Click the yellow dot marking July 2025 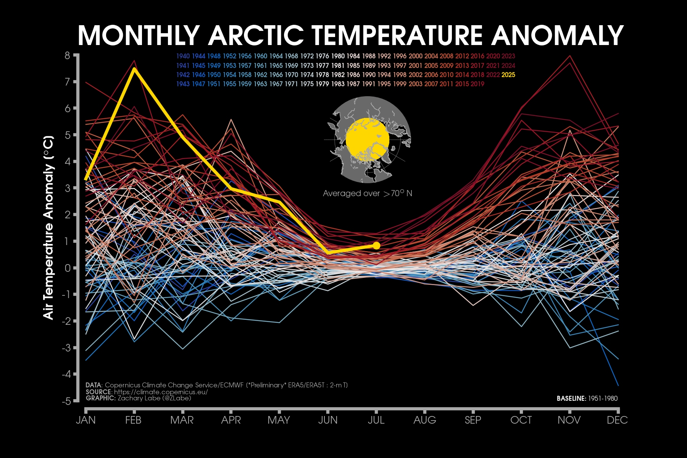click(376, 245)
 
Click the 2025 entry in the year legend click(508, 75)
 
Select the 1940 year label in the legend click(183, 56)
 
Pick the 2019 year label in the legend click(477, 84)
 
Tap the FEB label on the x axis click(133, 420)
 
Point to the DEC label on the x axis click(617, 420)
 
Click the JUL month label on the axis click(376, 420)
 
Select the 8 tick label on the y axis click(68, 56)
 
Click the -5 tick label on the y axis click(66, 401)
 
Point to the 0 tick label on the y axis click(68, 268)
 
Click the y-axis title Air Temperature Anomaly click(48, 227)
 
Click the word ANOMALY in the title click(557, 35)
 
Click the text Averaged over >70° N click(367, 194)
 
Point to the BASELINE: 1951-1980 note click(587, 398)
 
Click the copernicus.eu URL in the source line click(161, 392)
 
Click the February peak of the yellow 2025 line click(134, 69)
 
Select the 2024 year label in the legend click(508, 66)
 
